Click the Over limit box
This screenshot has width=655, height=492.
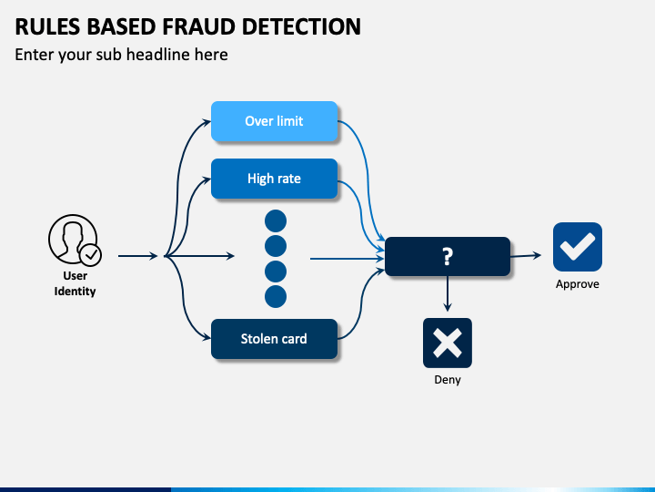click(274, 121)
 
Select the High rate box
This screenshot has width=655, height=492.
click(274, 179)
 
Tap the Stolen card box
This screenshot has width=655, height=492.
click(274, 339)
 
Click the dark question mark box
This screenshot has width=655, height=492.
click(448, 256)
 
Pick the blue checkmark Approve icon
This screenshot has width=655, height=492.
click(578, 247)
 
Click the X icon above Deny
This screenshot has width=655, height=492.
click(448, 343)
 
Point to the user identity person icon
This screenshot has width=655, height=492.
click(75, 241)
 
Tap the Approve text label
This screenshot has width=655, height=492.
click(578, 284)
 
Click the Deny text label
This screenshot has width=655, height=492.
click(448, 379)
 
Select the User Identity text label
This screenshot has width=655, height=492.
click(75, 283)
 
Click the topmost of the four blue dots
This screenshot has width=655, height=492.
click(276, 220)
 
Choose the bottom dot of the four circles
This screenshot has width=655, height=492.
click(276, 297)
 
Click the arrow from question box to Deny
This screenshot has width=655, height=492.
click(448, 293)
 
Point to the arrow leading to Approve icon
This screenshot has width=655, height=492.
click(526, 256)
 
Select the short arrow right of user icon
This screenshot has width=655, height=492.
click(138, 256)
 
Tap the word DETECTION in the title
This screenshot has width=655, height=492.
click(301, 26)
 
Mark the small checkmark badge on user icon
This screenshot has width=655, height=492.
click(91, 255)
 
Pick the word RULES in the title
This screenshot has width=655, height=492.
click(47, 26)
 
